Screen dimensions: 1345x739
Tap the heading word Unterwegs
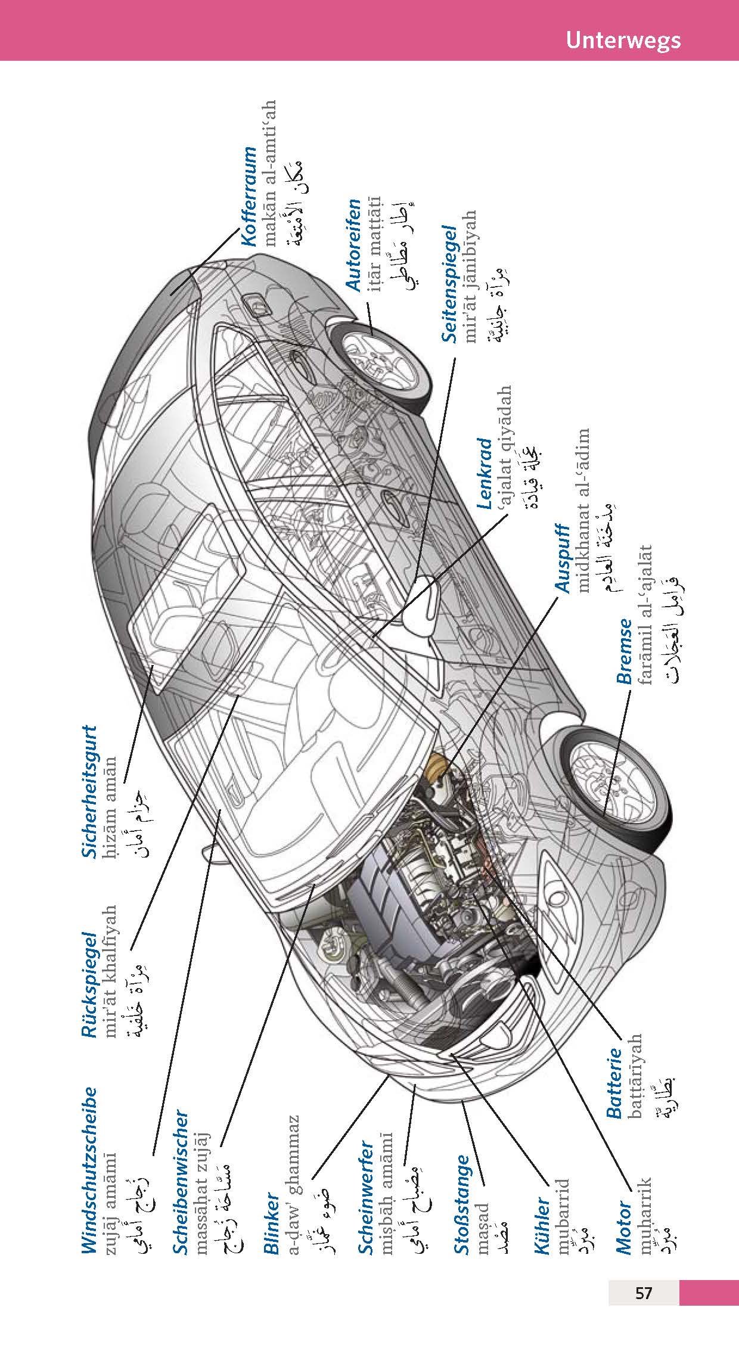pos(623,40)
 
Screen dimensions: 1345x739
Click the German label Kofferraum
pos(250,195)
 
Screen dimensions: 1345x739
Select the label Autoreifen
pos(354,245)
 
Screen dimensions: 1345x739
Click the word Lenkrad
pos(486,474)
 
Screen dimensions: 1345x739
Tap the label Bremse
pos(624,651)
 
